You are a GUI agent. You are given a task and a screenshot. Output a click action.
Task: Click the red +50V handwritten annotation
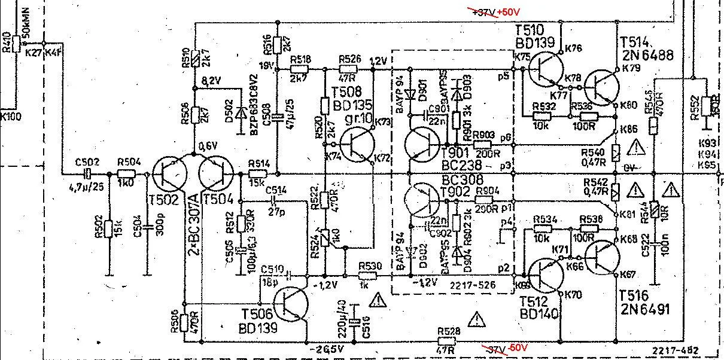pyautogui.click(x=509, y=12)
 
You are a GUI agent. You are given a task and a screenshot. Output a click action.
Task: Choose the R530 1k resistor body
pyautogui.click(x=368, y=276)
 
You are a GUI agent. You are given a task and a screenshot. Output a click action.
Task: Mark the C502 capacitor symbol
pyautogui.click(x=87, y=174)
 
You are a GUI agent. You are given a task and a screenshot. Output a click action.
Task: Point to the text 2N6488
pyautogui.click(x=646, y=55)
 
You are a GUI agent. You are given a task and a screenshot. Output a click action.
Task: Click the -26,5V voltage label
pyautogui.click(x=327, y=349)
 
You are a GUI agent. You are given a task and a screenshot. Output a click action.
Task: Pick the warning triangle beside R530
pyautogui.click(x=378, y=299)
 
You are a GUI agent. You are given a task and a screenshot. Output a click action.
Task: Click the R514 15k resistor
pyautogui.click(x=258, y=174)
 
